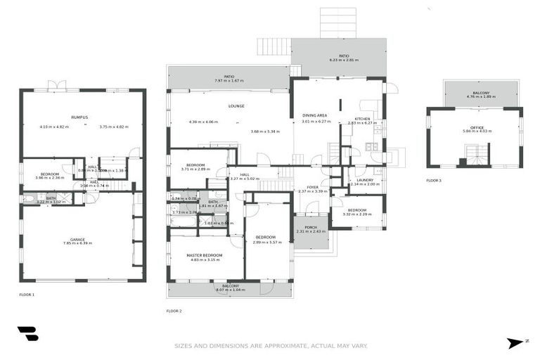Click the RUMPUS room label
tap(79, 117)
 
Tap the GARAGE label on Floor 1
tap(77, 238)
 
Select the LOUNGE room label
tap(236, 106)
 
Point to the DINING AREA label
tap(315, 115)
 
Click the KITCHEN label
tap(362, 118)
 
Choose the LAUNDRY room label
tap(364, 180)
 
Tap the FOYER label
tap(312, 186)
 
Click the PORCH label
tap(310, 227)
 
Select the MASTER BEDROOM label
tap(205, 255)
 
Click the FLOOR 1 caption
tap(27, 294)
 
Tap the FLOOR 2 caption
tap(174, 311)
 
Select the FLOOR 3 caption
tap(434, 181)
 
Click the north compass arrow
tap(515, 342)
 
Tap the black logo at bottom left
tap(27, 333)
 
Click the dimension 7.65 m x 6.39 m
tap(77, 243)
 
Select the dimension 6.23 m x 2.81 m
tap(344, 60)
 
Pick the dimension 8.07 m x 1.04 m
tap(231, 290)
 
